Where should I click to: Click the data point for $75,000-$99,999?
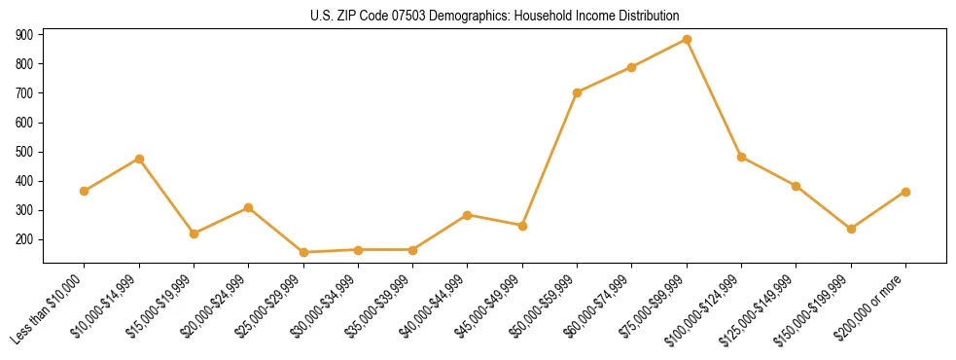point(687,40)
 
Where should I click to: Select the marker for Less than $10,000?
point(85,191)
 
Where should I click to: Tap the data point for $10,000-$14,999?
point(139,159)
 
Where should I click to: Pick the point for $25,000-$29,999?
point(303,252)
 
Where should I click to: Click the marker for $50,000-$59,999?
point(577,92)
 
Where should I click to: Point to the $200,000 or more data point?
point(905,192)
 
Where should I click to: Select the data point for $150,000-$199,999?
point(851,229)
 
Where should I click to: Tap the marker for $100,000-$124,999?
point(741,157)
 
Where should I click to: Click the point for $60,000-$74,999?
point(632,67)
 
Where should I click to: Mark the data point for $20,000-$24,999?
point(249,207)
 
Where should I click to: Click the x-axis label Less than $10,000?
point(48,310)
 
